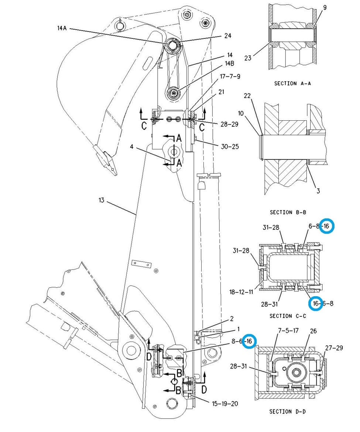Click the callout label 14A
(x=62, y=28)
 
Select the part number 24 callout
(x=228, y=35)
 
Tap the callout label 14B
(x=229, y=64)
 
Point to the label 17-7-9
(x=230, y=76)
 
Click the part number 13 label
(x=102, y=200)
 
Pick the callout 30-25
(x=230, y=147)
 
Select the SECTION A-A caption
(x=292, y=83)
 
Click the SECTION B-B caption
(x=288, y=212)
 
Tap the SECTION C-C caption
(x=288, y=316)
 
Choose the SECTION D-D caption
(x=287, y=411)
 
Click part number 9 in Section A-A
(x=325, y=8)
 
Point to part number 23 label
(x=248, y=58)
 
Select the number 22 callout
(x=247, y=96)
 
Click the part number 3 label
(x=318, y=191)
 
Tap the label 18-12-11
(x=241, y=292)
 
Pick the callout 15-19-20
(x=225, y=404)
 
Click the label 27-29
(x=334, y=348)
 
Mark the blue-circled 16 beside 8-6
(x=249, y=341)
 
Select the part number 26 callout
(x=313, y=331)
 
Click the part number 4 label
(x=132, y=147)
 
